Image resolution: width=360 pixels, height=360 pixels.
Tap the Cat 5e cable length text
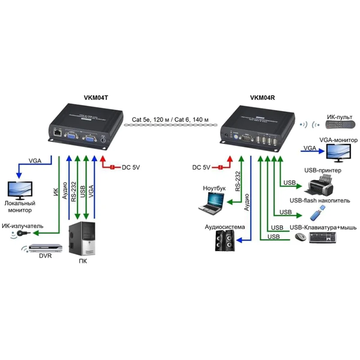(x=170, y=120)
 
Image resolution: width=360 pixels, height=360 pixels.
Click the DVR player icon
(x=39, y=248)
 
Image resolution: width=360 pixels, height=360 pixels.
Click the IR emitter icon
(x=24, y=233)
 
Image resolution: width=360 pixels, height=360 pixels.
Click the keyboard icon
(x=322, y=237)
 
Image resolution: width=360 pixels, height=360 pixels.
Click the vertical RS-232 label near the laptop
(x=238, y=181)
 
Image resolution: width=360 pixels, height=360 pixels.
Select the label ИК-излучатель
(x=22, y=225)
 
